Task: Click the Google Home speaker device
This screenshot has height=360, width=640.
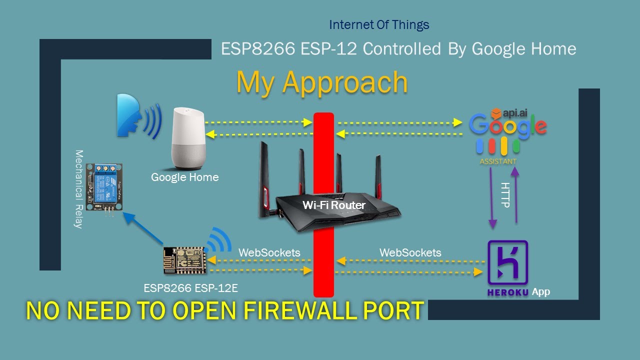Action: pyautogui.click(x=189, y=138)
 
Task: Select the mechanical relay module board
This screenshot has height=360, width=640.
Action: pyautogui.click(x=104, y=186)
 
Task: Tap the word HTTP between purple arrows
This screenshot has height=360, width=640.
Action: pyautogui.click(x=505, y=195)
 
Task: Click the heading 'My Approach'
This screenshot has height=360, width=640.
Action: pyautogui.click(x=321, y=82)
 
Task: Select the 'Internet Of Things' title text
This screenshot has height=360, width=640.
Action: pyautogui.click(x=379, y=24)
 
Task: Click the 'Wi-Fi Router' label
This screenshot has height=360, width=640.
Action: pyautogui.click(x=334, y=205)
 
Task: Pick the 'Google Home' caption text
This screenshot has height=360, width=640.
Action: pyautogui.click(x=184, y=177)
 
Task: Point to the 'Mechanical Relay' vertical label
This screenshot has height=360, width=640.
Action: pyautogui.click(x=78, y=188)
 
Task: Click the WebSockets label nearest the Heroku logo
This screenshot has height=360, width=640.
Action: pyautogui.click(x=410, y=252)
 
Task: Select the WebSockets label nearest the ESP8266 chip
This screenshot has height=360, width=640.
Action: pyautogui.click(x=269, y=252)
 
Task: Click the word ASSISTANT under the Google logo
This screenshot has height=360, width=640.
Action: pyautogui.click(x=498, y=161)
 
